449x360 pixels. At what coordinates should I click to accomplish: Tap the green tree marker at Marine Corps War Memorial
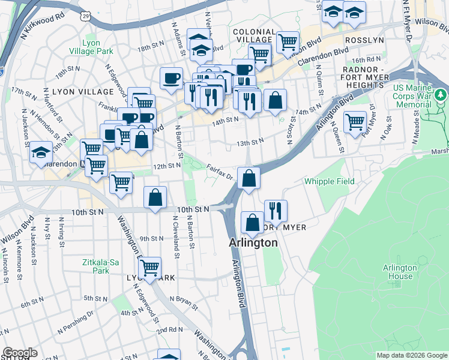coord(441,94)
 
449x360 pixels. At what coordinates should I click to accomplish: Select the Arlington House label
coord(400,272)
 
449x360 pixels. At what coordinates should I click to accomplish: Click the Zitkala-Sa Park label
coord(96,266)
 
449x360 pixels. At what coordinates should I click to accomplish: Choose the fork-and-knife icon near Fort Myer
coord(276,210)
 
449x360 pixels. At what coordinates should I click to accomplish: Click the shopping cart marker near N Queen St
coord(355,122)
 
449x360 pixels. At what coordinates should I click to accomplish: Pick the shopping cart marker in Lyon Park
coord(149,267)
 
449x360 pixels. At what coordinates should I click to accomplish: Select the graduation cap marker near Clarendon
coord(41,152)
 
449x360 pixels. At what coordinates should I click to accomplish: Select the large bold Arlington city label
coord(254,243)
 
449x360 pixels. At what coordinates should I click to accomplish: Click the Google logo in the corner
coord(19,353)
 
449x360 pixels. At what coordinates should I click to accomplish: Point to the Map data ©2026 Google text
coord(411,355)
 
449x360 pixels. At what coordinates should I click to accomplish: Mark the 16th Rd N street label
coord(366,60)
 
